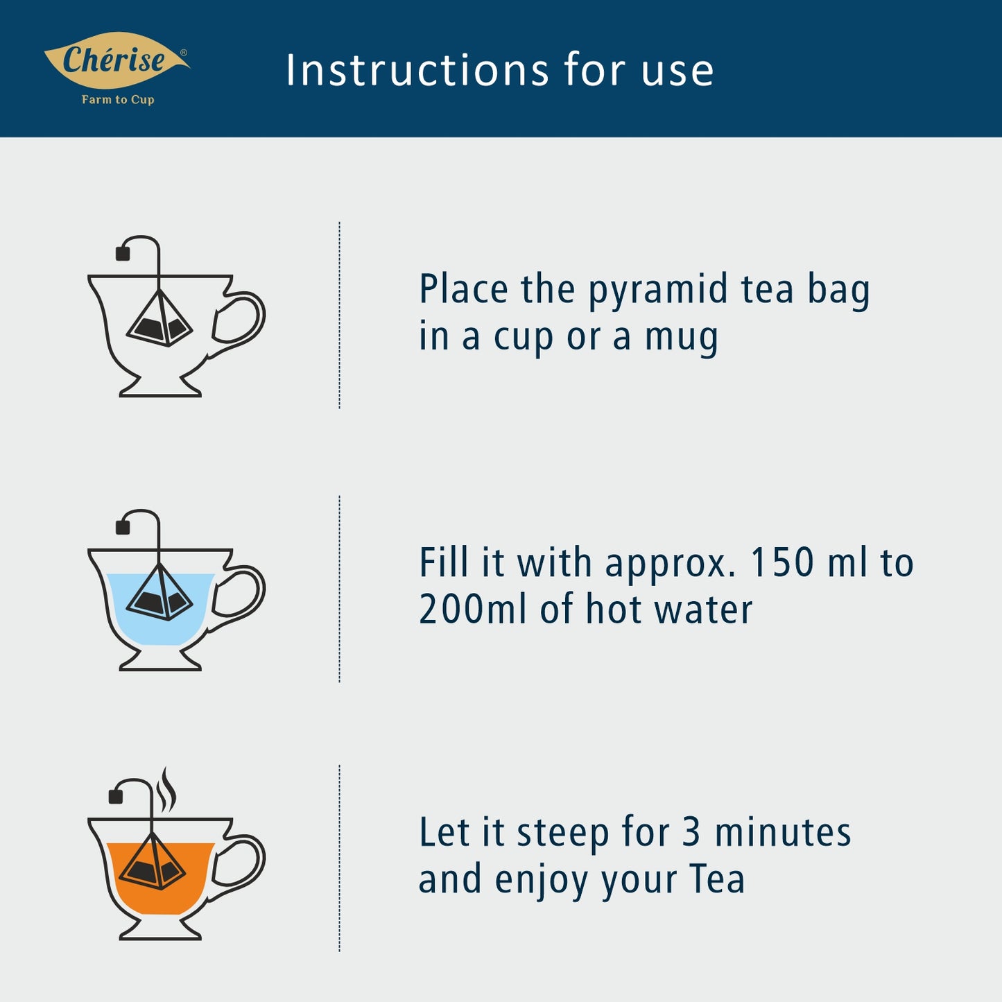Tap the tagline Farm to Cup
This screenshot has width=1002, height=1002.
118,100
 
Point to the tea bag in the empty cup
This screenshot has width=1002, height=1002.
159,318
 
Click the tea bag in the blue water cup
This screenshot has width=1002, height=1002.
159,592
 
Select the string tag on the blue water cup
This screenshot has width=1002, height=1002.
123,527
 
